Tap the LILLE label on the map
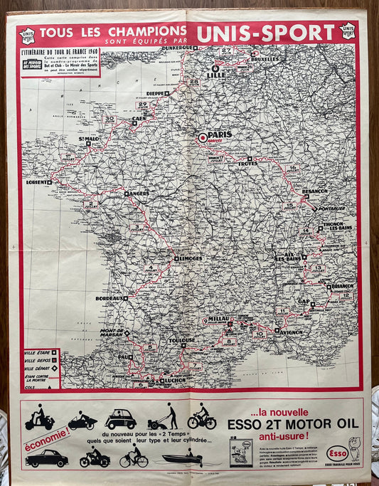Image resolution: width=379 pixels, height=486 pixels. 215,75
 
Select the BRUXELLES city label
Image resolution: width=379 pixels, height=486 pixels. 265,58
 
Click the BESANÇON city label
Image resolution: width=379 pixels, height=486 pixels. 314,191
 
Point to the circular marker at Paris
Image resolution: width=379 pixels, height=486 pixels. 203,137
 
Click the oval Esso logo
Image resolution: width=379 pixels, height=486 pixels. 337,453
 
